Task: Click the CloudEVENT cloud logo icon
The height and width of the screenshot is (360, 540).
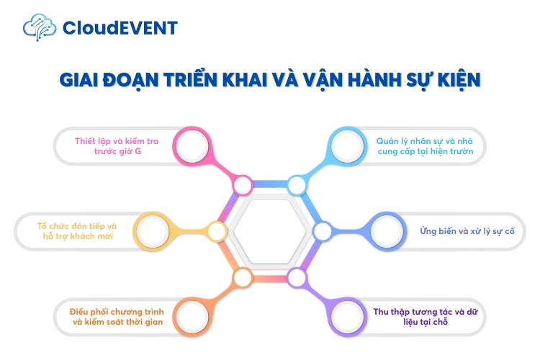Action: click(x=40, y=27)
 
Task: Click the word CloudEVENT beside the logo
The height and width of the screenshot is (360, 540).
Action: click(x=120, y=28)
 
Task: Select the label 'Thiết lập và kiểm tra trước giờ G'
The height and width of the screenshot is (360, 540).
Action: click(x=118, y=146)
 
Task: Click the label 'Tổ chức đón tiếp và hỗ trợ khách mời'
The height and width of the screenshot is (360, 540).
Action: click(x=77, y=231)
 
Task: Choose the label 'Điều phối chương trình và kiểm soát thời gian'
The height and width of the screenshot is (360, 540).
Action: click(x=117, y=316)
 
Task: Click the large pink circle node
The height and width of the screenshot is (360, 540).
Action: click(x=193, y=146)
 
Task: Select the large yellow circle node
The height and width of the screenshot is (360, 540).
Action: click(x=153, y=231)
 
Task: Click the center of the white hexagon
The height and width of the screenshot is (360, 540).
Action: click(x=270, y=231)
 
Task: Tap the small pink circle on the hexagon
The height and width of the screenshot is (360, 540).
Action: click(x=243, y=185)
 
